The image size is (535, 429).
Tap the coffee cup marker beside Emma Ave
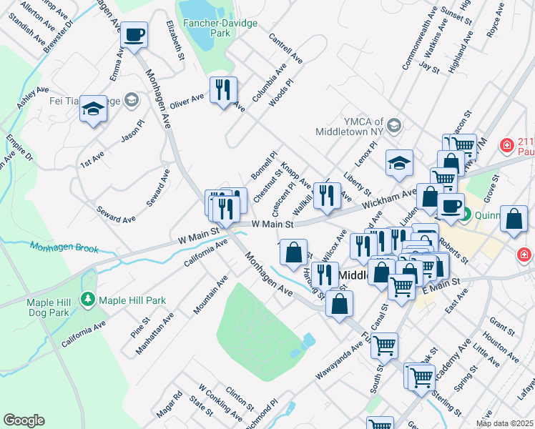tap(134, 34)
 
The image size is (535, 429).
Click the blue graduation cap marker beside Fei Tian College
tap(93, 109)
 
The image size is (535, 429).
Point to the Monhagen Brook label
tap(64, 247)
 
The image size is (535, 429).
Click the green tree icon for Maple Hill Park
tap(89, 298)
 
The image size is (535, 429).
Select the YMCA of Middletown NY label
tap(350, 127)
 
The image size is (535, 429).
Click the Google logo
tap(24, 420)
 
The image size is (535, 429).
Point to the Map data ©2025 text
tap(505, 423)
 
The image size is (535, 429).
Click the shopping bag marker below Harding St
tap(339, 304)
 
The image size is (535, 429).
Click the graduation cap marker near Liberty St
tap(399, 163)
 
